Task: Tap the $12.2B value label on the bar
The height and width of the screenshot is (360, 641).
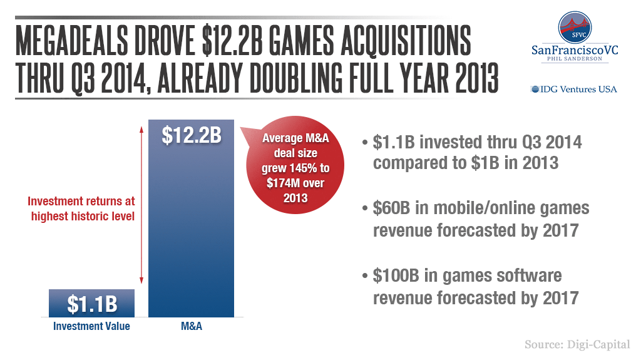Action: click(191, 135)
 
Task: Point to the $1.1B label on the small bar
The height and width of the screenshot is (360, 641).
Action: click(91, 304)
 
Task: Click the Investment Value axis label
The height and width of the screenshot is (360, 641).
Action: click(91, 326)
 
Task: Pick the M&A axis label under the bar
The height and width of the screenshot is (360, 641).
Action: click(191, 326)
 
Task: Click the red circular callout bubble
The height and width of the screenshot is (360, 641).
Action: click(295, 167)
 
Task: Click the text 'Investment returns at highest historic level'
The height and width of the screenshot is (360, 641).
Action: click(81, 208)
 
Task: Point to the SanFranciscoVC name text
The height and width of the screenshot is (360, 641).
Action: click(574, 50)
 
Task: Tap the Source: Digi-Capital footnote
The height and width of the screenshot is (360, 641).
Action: click(577, 344)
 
